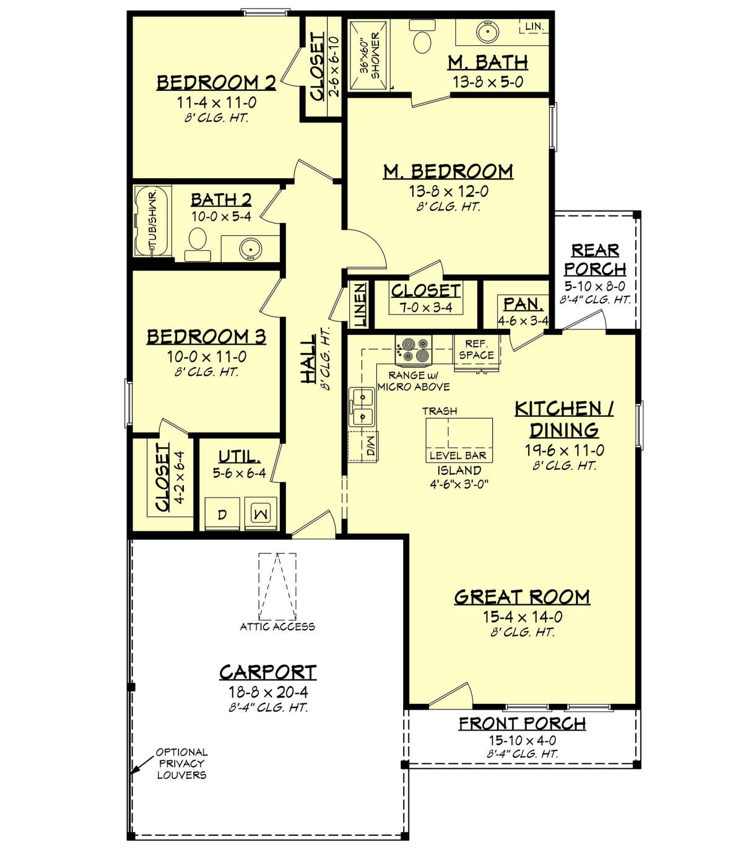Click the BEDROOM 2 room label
click(215, 82)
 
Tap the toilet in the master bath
click(422, 40)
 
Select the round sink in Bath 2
click(250, 249)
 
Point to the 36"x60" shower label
click(369, 55)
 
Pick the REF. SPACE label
click(476, 350)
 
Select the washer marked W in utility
click(261, 514)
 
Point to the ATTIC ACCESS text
click(277, 627)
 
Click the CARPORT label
click(267, 672)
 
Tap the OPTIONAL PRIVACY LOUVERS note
click(181, 763)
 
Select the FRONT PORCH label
click(522, 723)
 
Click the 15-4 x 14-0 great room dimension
click(522, 617)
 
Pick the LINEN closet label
click(360, 305)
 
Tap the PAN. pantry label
click(523, 304)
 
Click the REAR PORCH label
click(594, 259)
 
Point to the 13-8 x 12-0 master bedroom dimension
click(448, 191)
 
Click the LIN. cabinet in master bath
click(534, 27)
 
